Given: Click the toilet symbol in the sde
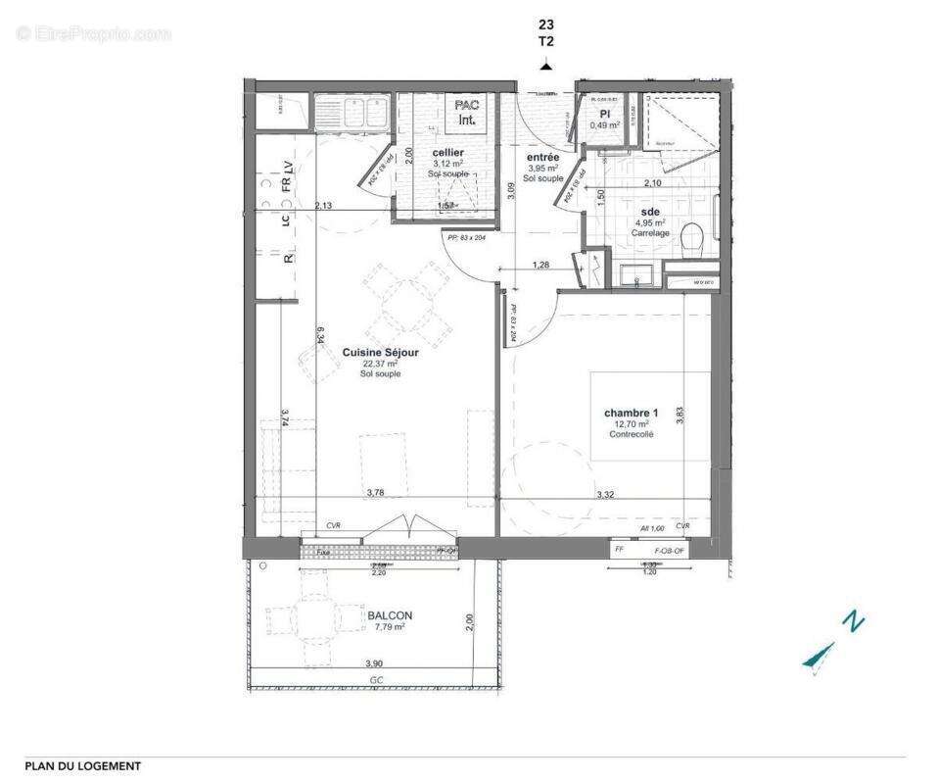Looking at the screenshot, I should pos(693,237).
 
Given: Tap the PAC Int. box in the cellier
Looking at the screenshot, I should pos(466,112).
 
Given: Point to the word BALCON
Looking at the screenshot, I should pos(391,615).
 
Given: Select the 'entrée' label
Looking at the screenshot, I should pos(542,157).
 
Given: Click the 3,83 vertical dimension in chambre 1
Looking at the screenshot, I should pos(680,415).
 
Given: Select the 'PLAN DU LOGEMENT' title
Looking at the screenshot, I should pos(82,766).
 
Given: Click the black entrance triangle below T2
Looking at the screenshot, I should pos(545,66).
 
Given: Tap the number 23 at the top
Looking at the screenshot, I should pos(545,24).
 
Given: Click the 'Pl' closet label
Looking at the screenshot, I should pos(605,114).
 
